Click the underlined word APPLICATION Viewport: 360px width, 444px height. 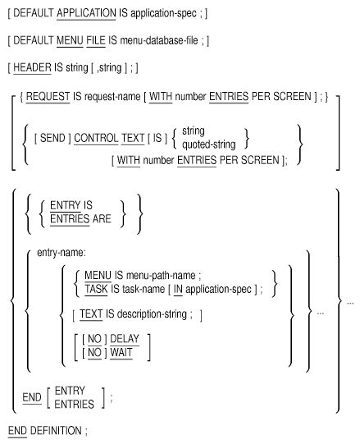tap(86, 13)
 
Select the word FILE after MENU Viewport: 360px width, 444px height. tap(96, 40)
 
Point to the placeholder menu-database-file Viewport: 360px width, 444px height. tap(159, 40)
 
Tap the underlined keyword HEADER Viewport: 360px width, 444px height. tap(32, 67)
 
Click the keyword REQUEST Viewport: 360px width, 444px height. tap(48, 97)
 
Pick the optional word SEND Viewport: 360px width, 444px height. tap(52, 138)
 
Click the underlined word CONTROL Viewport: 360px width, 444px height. tap(96, 138)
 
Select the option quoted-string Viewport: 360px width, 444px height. tap(208, 144)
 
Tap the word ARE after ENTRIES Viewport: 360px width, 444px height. tap(102, 219)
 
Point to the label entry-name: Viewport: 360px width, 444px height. tap(62, 252)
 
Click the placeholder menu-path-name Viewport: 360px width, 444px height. tap(161, 275)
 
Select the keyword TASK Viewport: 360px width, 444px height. tap(96, 289)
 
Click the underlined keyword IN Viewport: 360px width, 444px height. tap(178, 289)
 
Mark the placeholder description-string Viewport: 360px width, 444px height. tap(152, 314)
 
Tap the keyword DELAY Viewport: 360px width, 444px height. tap(125, 339)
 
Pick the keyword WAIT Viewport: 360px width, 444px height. tap(121, 353)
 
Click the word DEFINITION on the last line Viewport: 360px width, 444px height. tap(56, 431)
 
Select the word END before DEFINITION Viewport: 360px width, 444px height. tap(17, 431)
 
